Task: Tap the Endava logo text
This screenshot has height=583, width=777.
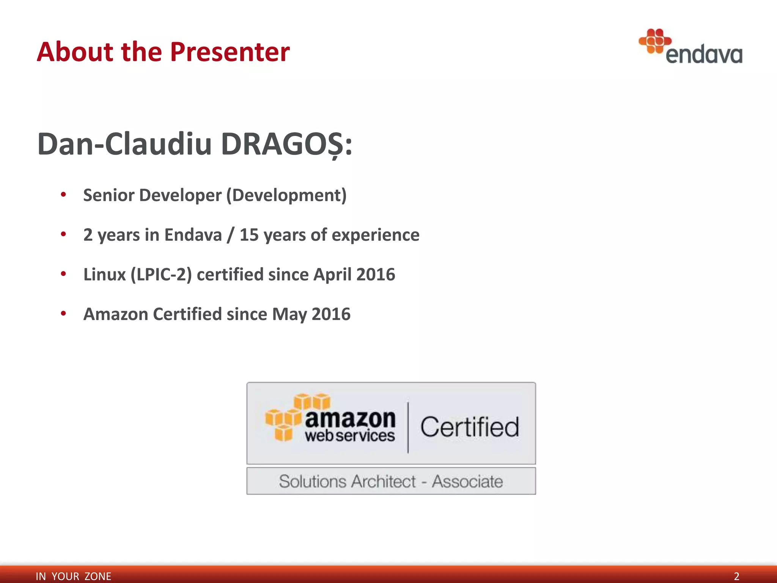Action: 704,55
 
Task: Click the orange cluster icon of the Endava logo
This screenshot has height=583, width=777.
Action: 655,41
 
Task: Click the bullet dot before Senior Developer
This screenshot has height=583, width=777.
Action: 63,195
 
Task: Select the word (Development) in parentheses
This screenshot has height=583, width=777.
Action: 286,195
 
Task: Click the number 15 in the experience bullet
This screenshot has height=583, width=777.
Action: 249,235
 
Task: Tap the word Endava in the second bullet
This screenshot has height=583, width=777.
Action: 193,235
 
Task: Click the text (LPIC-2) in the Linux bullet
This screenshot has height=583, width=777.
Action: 161,274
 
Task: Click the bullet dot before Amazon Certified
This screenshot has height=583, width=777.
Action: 63,314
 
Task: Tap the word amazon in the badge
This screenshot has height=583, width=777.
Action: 350,419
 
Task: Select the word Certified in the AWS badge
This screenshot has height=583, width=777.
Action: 469,427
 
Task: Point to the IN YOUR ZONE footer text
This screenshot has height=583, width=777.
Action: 73,576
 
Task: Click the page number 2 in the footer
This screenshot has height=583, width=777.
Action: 736,576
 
